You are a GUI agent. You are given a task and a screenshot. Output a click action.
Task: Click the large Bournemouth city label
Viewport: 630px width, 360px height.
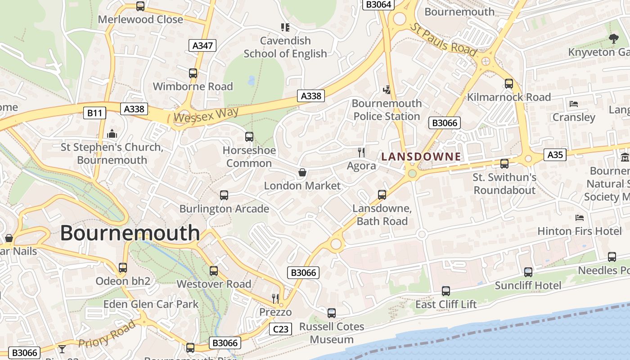(130, 233)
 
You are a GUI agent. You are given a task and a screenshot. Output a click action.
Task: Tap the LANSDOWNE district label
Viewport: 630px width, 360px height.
(421, 157)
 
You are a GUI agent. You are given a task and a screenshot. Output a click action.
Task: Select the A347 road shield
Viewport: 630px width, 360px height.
(202, 45)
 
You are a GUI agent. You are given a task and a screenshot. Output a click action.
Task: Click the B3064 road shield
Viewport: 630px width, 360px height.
(378, 4)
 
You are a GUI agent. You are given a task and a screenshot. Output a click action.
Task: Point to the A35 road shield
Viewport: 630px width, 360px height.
(555, 155)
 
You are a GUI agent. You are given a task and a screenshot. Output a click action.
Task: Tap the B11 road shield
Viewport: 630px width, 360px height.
(94, 112)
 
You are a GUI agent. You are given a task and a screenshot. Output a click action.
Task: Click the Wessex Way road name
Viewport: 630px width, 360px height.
(206, 115)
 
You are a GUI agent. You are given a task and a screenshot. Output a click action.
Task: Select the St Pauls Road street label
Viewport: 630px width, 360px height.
(443, 40)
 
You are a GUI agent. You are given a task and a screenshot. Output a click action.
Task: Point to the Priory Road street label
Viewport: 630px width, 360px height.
(107, 334)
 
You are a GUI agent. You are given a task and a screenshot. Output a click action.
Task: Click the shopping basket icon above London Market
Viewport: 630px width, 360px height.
(302, 173)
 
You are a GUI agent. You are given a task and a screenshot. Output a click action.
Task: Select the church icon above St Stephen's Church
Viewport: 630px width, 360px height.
(112, 134)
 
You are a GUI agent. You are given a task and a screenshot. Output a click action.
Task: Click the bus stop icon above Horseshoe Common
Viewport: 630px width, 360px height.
(249, 137)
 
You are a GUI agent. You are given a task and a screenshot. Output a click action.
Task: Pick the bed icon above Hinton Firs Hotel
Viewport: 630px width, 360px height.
(580, 218)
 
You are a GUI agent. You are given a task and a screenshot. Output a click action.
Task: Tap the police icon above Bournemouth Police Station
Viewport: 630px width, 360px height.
(387, 90)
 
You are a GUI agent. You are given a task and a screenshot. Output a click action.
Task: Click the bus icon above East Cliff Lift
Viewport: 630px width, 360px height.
(445, 291)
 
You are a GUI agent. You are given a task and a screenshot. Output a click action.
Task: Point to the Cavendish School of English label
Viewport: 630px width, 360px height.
(285, 47)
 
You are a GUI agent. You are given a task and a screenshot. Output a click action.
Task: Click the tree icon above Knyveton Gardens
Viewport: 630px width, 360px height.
(613, 39)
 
